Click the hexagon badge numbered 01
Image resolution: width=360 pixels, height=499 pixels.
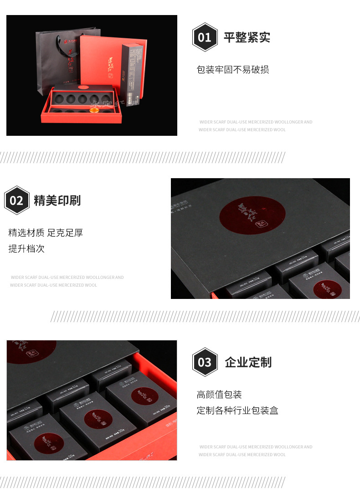(x=205, y=37)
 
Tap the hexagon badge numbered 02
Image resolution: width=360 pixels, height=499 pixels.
(x=16, y=200)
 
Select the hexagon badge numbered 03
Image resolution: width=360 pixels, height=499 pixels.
(x=205, y=362)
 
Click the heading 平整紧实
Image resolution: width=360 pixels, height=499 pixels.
(x=247, y=37)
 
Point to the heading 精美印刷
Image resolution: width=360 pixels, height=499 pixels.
(x=57, y=200)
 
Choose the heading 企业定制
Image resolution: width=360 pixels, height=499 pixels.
(x=248, y=362)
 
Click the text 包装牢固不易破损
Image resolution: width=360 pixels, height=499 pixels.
(x=232, y=70)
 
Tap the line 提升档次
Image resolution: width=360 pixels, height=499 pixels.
(x=26, y=249)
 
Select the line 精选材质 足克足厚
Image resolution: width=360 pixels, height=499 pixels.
(x=46, y=233)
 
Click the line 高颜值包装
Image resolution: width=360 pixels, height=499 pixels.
(x=219, y=394)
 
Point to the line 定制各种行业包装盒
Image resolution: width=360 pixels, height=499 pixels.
(x=237, y=410)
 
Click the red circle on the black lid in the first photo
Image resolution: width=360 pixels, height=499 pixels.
(x=83, y=86)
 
